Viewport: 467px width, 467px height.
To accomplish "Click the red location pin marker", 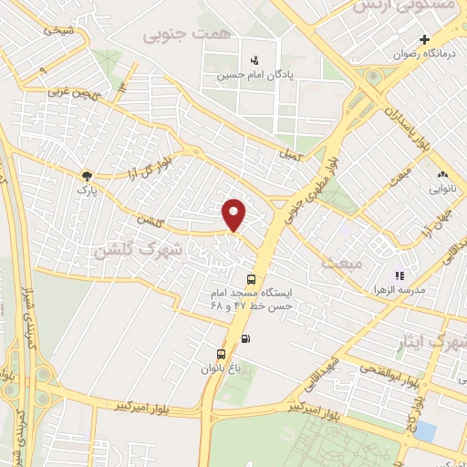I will click(234, 214).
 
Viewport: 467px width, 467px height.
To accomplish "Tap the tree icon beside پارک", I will click(87, 176).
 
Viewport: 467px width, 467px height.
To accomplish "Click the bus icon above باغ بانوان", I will click(220, 355).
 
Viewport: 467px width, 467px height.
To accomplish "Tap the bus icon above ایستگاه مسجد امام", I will click(251, 280).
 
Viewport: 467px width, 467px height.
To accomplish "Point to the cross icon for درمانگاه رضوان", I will click(424, 39).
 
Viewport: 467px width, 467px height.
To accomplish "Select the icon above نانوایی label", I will click(442, 174).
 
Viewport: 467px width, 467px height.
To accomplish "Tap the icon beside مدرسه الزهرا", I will click(399, 275).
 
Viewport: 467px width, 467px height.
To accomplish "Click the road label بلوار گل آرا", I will click(145, 171).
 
